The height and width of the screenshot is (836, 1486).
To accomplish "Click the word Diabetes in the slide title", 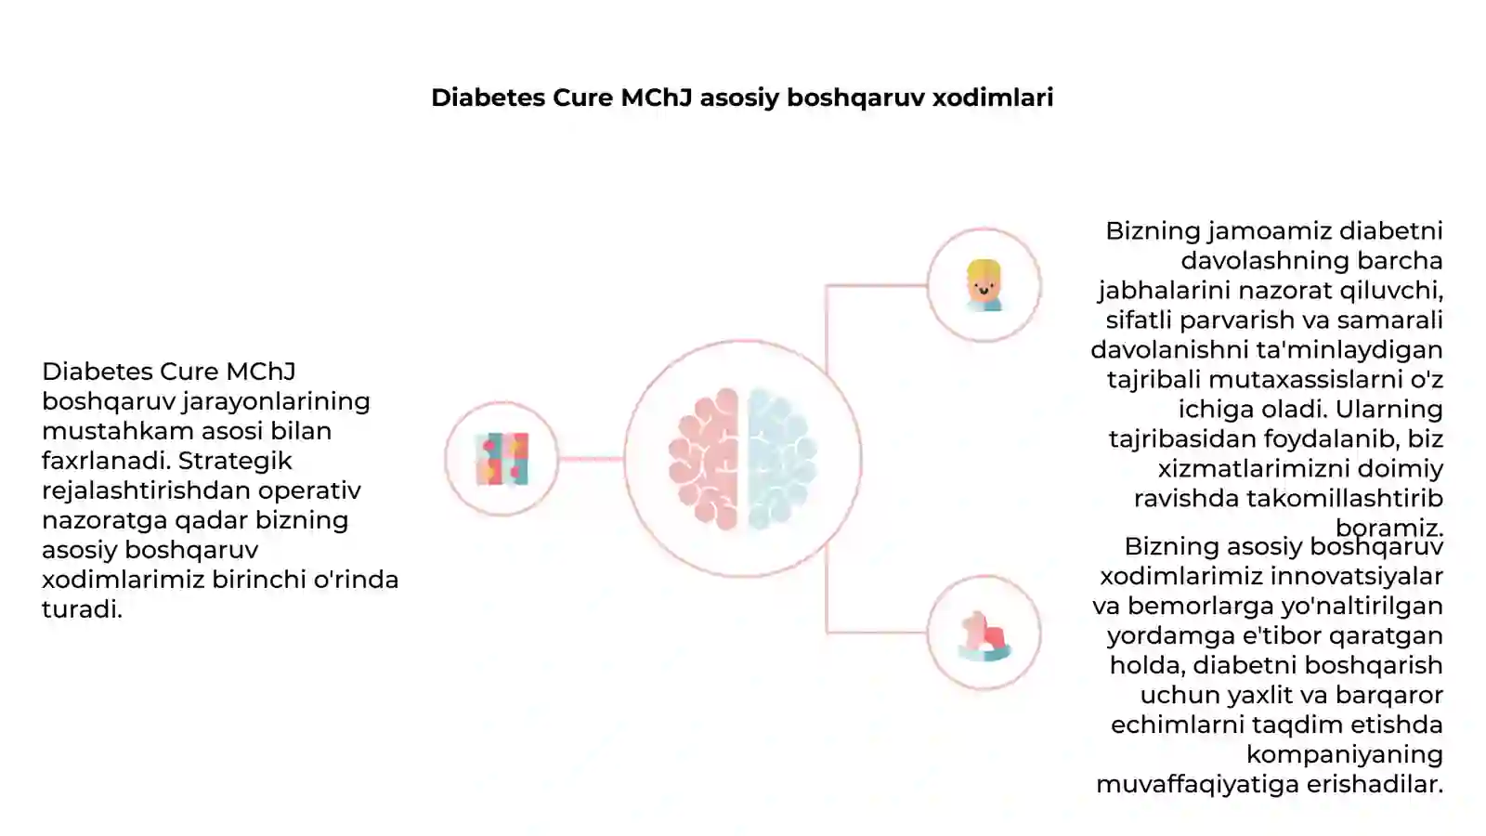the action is click(x=489, y=98).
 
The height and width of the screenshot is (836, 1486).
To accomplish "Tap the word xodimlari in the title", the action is click(x=993, y=98).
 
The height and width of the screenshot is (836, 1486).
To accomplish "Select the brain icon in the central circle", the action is click(x=743, y=459).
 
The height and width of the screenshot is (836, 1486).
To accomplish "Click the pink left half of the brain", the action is click(x=704, y=459).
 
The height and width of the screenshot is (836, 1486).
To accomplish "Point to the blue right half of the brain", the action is click(x=782, y=459).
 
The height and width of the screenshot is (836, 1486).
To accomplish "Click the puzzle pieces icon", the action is click(x=502, y=459).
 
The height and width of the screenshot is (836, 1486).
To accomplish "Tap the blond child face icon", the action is click(x=984, y=285).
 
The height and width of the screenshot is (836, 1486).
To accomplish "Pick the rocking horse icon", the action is click(x=984, y=635).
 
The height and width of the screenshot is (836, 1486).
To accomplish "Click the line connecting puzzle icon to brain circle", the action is click(x=591, y=459).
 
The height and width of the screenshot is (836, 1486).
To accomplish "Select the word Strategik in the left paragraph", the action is click(x=235, y=461).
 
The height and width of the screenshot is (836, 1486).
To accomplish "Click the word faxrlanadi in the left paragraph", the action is click(x=106, y=461).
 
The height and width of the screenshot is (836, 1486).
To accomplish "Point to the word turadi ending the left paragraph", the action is click(x=82, y=609).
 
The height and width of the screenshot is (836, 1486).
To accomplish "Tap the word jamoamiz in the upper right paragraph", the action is click(x=1270, y=231).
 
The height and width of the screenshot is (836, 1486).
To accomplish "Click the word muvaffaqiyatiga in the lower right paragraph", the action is click(x=1197, y=784).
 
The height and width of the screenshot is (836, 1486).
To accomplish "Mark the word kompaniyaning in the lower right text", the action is click(x=1345, y=755).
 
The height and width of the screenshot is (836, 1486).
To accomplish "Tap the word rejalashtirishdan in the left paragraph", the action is click(x=146, y=491).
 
